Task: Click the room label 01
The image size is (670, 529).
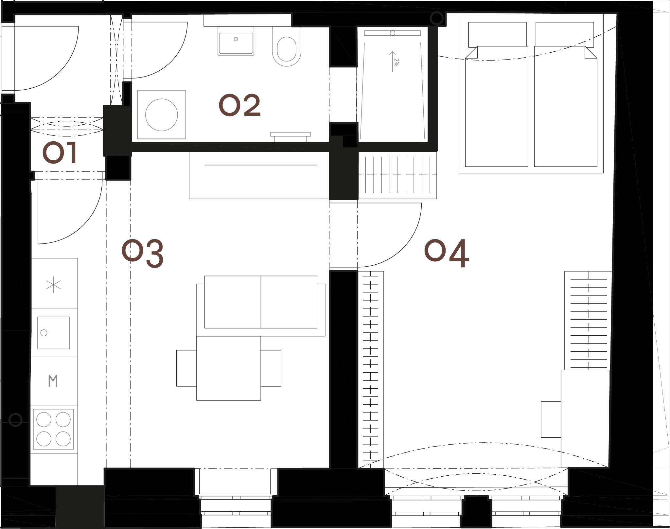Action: point(60,153)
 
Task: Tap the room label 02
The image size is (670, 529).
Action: point(240,105)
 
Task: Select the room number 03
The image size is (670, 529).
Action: point(142,254)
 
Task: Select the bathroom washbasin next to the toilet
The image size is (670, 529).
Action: point(236,41)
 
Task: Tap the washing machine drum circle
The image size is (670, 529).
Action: point(162,115)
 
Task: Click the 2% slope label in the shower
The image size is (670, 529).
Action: point(396,62)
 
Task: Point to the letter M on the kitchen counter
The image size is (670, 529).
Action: point(53,381)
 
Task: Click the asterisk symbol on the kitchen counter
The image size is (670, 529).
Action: point(53,285)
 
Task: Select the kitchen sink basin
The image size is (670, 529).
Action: point(53,333)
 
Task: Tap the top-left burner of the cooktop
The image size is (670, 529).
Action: point(44,420)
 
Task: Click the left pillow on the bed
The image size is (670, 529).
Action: point(497,34)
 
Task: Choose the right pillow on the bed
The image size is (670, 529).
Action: point(565,34)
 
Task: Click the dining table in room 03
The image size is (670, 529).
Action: point(229,368)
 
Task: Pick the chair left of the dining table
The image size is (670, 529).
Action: point(186,368)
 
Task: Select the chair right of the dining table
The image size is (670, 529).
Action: point(271,368)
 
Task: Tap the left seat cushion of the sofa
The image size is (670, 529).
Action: point(233,302)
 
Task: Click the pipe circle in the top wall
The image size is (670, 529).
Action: point(436,18)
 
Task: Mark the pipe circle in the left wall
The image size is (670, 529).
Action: point(15,419)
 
